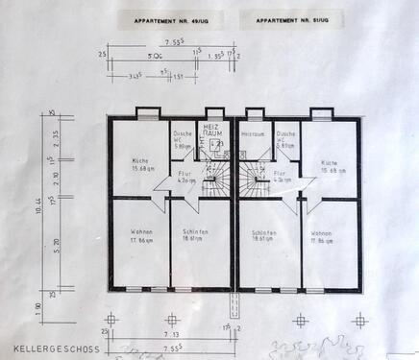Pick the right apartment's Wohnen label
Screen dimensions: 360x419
point(323,235)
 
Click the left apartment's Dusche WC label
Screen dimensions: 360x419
point(183,140)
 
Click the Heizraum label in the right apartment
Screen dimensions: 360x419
point(253,134)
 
